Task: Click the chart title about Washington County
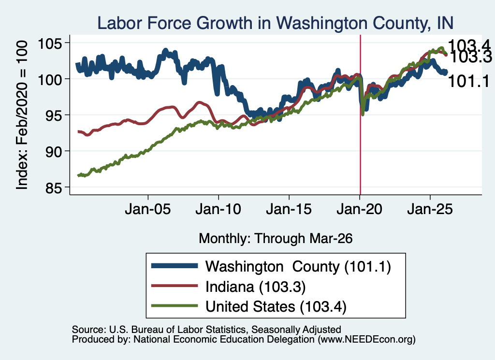[275, 23]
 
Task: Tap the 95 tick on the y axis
[53, 115]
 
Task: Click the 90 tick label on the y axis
[53, 151]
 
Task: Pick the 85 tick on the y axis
[53, 187]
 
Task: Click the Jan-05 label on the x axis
[148, 209]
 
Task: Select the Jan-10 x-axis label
[218, 209]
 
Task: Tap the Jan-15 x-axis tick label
[289, 209]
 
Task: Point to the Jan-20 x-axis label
[359, 209]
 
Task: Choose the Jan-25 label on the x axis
[430, 209]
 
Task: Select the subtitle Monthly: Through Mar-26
[276, 238]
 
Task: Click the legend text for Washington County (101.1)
[298, 267]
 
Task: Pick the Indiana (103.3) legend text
[256, 287]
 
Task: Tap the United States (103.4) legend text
[276, 306]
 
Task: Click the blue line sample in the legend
[175, 266]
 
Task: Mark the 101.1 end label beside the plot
[468, 81]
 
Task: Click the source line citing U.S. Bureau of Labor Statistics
[206, 330]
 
